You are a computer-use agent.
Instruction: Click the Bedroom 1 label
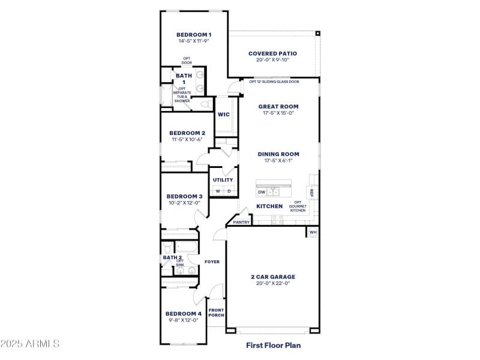pos(193,35)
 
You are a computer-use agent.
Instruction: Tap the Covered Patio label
pos(272,53)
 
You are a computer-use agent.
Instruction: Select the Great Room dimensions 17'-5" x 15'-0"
pos(278,113)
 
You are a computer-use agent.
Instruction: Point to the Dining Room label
pos(278,154)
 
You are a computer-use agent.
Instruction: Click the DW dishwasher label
pos(262,193)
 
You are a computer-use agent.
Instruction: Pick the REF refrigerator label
pos(311,192)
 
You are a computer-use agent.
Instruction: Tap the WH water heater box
pos(313,232)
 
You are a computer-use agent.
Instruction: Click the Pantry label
pos(241,222)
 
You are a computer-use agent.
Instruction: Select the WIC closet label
pos(223,115)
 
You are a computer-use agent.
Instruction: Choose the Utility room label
pos(223,180)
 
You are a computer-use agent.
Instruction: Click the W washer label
pos(218,191)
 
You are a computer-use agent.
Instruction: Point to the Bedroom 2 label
pos(187,133)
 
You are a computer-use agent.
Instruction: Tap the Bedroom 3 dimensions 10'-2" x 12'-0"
pos(184,203)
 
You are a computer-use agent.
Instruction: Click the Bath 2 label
pos(172,257)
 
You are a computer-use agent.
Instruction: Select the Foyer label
pos(212,262)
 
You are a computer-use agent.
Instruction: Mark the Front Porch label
pos(216,313)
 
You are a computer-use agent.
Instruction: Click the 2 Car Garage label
pos(273,277)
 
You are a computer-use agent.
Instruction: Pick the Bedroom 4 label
pos(184,314)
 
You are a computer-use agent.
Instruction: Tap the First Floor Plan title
pos(274,345)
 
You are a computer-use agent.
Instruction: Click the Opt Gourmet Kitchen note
pos(298,206)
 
